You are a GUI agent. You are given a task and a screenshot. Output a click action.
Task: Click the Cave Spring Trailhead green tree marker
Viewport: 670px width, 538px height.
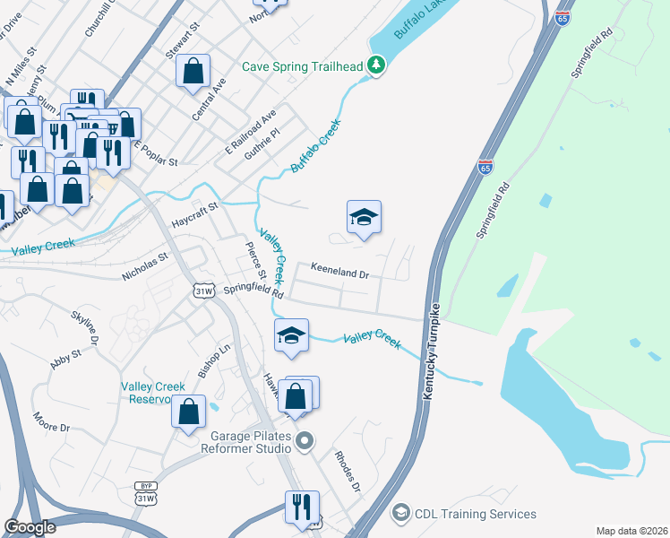(x=377, y=65)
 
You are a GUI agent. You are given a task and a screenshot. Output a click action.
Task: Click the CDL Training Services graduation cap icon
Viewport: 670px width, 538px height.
(x=400, y=514)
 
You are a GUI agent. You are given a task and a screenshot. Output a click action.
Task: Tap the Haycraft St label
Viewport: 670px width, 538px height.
(x=194, y=215)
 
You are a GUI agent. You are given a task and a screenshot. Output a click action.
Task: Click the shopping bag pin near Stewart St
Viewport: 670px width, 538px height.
(x=193, y=71)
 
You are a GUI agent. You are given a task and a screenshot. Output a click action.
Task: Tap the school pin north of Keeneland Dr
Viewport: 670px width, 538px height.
(x=364, y=218)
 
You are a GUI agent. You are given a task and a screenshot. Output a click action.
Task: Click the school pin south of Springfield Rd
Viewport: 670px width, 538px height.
(x=291, y=336)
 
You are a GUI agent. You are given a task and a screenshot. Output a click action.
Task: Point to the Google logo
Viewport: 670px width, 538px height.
(x=30, y=527)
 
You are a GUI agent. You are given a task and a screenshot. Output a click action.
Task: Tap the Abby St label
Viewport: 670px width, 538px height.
(x=66, y=360)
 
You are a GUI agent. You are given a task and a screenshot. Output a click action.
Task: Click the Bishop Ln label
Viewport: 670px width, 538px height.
(x=214, y=360)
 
